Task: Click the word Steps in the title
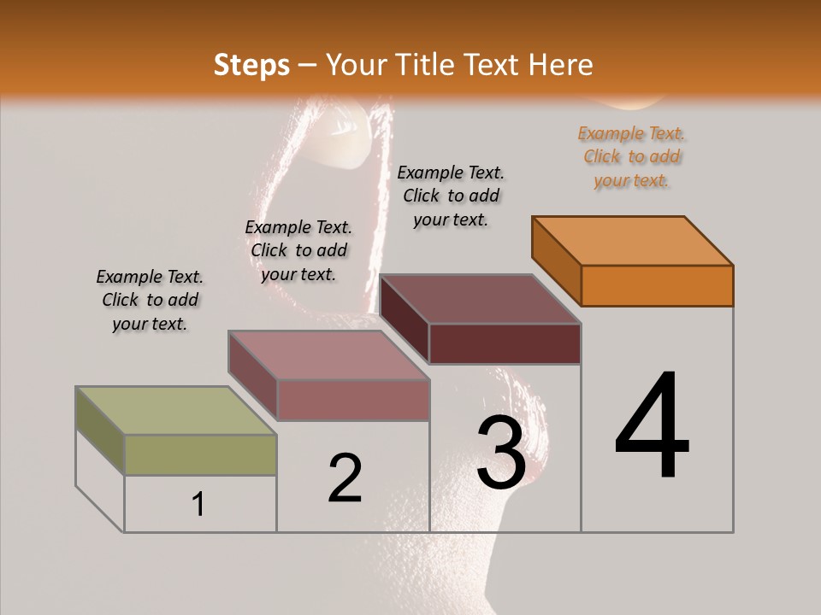(x=251, y=65)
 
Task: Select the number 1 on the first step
(x=198, y=504)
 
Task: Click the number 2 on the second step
(x=345, y=478)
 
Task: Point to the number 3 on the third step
(x=500, y=453)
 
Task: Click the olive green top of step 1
(x=175, y=411)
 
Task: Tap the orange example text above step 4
(x=632, y=157)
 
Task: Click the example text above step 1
(x=150, y=301)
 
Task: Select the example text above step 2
(x=298, y=250)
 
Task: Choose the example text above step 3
(x=451, y=196)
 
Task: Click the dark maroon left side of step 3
(x=405, y=319)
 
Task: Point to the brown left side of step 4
(x=556, y=260)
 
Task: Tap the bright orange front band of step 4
(x=657, y=285)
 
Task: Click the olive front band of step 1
(x=200, y=454)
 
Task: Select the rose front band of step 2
(x=352, y=400)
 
